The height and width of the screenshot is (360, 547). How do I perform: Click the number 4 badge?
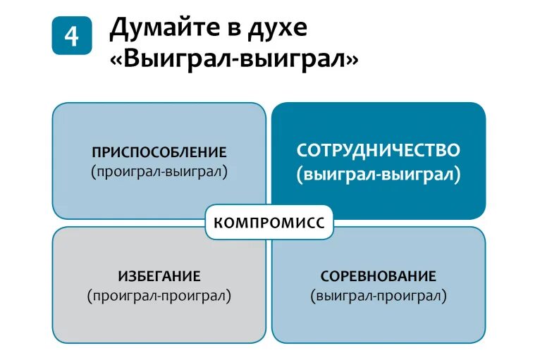pyautogui.click(x=72, y=35)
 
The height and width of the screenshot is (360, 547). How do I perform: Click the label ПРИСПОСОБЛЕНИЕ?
pyautogui.click(x=159, y=152)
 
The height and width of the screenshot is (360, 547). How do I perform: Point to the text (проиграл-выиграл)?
pyautogui.click(x=159, y=171)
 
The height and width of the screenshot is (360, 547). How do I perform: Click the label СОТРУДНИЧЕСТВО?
pyautogui.click(x=379, y=151)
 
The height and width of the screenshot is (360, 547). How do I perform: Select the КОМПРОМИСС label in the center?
pyautogui.click(x=269, y=223)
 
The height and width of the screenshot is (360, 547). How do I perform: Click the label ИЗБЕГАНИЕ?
pyautogui.click(x=159, y=275)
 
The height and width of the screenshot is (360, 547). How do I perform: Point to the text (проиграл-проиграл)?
pyautogui.click(x=159, y=295)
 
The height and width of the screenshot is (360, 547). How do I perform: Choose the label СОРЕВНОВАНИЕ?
pyautogui.click(x=379, y=275)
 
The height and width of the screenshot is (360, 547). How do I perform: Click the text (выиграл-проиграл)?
pyautogui.click(x=379, y=295)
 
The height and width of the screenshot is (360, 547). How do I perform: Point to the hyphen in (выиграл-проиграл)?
pyautogui.click(x=374, y=296)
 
